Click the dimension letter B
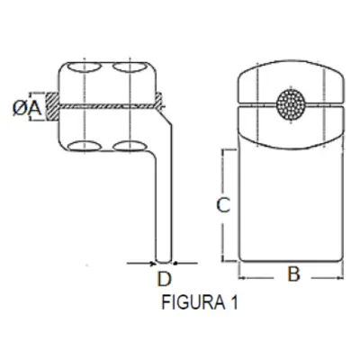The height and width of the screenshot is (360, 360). coord(292,275)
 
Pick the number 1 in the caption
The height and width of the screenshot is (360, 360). coord(233,304)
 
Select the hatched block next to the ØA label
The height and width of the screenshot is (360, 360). coord(52,106)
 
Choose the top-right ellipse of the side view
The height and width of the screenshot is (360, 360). coord(131,69)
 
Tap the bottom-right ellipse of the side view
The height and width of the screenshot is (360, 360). coord(131,145)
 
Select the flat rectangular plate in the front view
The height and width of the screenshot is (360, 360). coord(291,207)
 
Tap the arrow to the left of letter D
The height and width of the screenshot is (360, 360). coord(144,263)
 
